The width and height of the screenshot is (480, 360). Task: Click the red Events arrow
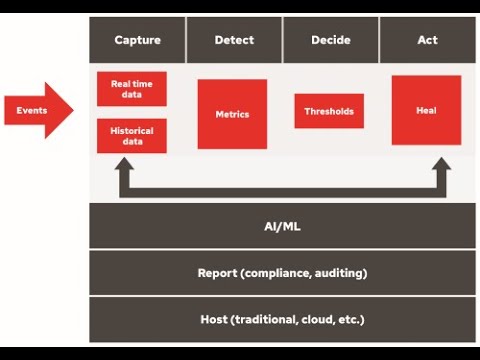tap(38, 109)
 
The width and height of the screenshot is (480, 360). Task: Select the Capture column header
tap(137, 41)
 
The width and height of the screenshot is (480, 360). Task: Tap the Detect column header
tap(234, 41)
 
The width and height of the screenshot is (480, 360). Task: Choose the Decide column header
tap(330, 41)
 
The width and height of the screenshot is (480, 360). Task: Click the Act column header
tap(427, 41)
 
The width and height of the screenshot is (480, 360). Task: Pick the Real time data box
tap(132, 88)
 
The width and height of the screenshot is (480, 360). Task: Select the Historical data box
tap(132, 135)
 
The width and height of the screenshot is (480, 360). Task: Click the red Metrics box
tap(232, 114)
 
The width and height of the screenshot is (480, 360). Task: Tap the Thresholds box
tap(329, 111)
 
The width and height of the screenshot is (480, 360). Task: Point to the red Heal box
tap(426, 110)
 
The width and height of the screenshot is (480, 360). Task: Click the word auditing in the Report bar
tap(339, 273)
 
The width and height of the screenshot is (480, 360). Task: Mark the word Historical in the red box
tap(132, 130)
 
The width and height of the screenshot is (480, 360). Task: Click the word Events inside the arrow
tap(31, 109)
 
